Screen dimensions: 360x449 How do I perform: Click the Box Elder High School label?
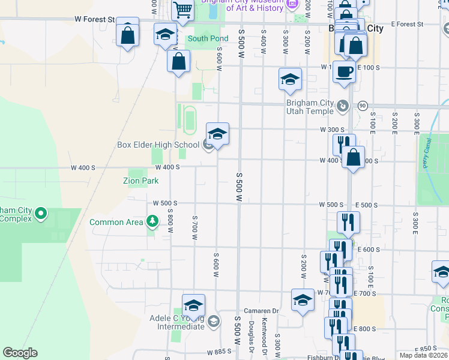[158, 145]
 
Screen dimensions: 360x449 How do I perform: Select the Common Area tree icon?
[152, 222]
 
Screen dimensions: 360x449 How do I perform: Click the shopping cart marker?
[182, 10]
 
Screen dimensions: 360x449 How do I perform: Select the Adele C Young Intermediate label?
[177, 322]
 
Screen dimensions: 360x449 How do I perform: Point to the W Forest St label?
[95, 19]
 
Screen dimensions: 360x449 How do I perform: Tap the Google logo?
[20, 353]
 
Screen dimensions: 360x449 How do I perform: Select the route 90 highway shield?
[363, 106]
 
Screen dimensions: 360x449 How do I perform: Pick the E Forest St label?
[407, 25]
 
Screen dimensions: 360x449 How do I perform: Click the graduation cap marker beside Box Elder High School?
[217, 134]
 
